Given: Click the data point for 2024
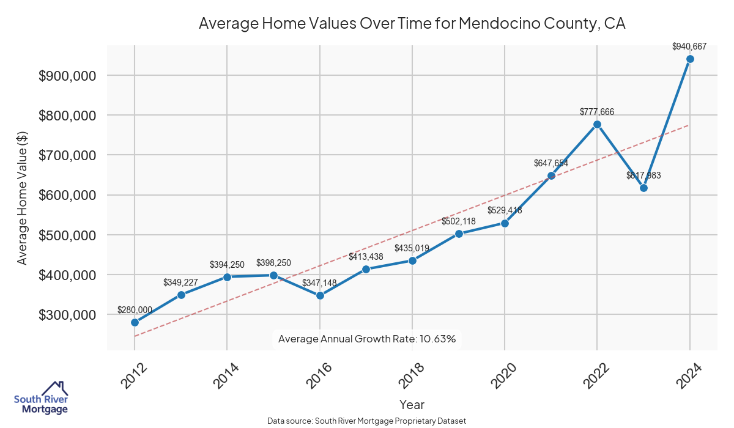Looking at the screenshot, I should click(690, 59).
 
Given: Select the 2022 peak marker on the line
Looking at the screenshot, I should click(598, 124).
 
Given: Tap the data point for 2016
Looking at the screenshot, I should click(320, 295).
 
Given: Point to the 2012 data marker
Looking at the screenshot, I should click(135, 322).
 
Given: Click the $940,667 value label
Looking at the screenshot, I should click(689, 46).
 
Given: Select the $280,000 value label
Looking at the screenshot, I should click(135, 309).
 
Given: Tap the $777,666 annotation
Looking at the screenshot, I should click(597, 111).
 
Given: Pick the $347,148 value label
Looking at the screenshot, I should click(319, 282).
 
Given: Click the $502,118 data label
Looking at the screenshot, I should click(459, 221).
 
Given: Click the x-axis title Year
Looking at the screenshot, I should click(412, 405).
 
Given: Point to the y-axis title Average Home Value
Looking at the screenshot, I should click(23, 197).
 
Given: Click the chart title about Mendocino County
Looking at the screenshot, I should click(412, 24).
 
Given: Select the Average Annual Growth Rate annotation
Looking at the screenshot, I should click(367, 339).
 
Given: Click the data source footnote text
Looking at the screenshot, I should click(367, 421).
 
